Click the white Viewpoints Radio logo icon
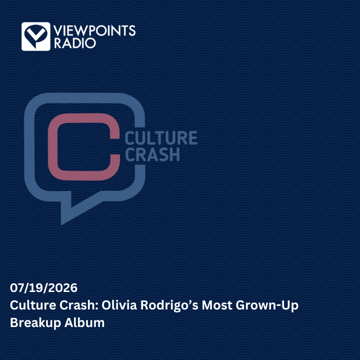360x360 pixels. pos(36,36)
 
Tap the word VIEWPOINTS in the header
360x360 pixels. pos(94,31)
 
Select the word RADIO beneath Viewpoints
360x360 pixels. pos(75,43)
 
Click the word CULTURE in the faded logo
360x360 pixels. pos(161,138)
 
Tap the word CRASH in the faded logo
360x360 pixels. pos(152,154)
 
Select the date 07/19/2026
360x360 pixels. pos(43,288)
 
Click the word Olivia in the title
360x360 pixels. pos(119,305)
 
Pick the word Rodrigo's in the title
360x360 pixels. pos(169,305)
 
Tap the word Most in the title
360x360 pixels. pos(217,305)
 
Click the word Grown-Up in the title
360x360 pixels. pos(267,306)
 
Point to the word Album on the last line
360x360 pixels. pos(84,322)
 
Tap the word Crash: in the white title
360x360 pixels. pos(79,305)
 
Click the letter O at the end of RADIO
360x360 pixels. pos(90,43)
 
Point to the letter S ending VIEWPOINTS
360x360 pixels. pos(132,31)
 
